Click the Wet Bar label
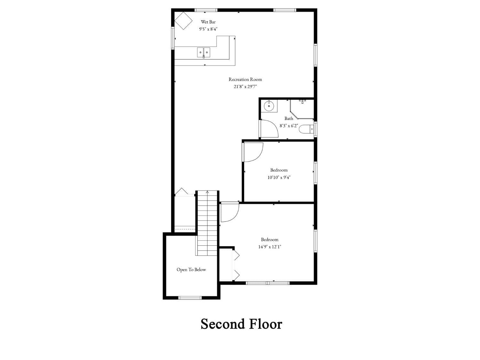click(x=208, y=22)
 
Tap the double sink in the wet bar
click(x=204, y=52)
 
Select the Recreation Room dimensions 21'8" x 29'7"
click(x=245, y=86)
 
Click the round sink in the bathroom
click(x=269, y=106)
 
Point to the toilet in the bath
click(x=307, y=129)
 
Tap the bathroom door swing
click(x=269, y=129)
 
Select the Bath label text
click(x=289, y=118)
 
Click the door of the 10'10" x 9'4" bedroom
click(x=253, y=152)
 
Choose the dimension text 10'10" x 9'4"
click(x=279, y=177)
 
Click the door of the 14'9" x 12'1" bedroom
click(x=229, y=212)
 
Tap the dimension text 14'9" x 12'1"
click(x=269, y=247)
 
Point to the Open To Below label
click(x=191, y=269)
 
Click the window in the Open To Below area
click(x=190, y=298)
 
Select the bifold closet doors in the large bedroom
click(x=236, y=264)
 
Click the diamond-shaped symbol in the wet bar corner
click(x=183, y=21)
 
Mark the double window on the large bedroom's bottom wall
click(x=268, y=283)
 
